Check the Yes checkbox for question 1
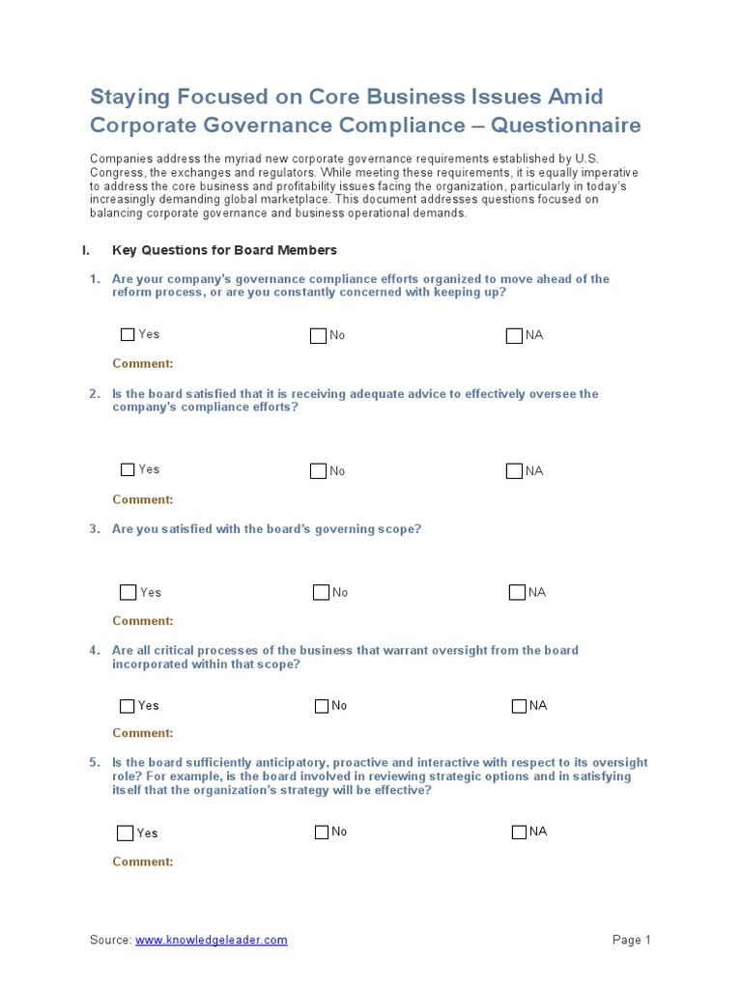click(128, 335)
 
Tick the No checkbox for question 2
click(318, 471)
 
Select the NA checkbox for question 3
click(517, 592)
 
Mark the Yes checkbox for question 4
click(128, 706)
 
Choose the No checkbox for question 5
click(322, 832)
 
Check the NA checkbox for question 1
click(514, 335)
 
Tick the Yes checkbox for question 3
click(128, 592)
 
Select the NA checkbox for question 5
click(519, 832)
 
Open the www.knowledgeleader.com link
click(211, 940)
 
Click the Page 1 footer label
click(632, 940)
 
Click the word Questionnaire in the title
click(578, 126)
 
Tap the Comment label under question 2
click(143, 499)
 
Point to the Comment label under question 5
click(143, 862)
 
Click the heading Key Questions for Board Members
click(224, 250)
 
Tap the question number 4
click(95, 651)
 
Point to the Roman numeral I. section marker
click(86, 250)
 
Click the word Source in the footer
click(110, 940)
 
